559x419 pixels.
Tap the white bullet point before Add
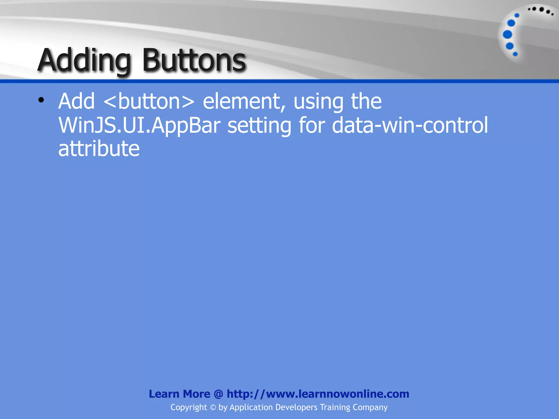[41, 100]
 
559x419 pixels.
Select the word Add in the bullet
[76, 101]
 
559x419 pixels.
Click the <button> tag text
[149, 101]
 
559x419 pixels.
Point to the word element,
[245, 101]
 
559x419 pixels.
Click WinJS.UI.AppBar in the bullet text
[139, 125]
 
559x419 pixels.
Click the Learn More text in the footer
[179, 394]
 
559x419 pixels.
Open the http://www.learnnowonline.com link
[318, 394]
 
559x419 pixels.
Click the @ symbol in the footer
[218, 394]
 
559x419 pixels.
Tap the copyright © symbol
[213, 408]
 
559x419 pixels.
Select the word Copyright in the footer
[189, 408]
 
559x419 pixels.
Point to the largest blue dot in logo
[507, 35]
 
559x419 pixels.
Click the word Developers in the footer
[296, 408]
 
